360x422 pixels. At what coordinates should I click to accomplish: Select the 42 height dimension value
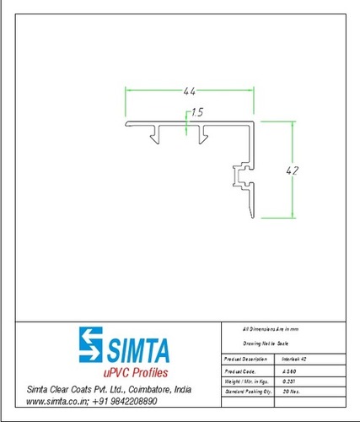293,170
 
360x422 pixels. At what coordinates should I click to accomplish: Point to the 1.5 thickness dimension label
197,111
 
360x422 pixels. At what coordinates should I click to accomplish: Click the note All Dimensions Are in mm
270,327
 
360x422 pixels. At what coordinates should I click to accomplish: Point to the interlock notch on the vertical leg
239,176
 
